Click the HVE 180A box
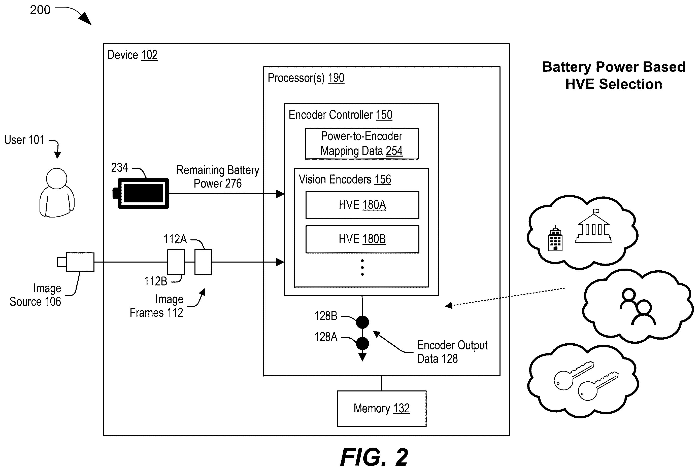point(362,205)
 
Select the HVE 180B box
point(362,239)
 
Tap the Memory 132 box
point(382,409)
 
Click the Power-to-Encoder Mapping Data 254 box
point(361,143)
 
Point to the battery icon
point(141,193)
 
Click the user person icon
point(57,192)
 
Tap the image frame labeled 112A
point(203,262)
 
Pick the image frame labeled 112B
point(176,262)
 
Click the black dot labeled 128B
point(362,322)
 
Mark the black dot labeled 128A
point(362,343)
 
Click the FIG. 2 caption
point(374,457)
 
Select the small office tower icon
point(555,238)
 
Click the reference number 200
point(40,10)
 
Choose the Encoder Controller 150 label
point(341,115)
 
